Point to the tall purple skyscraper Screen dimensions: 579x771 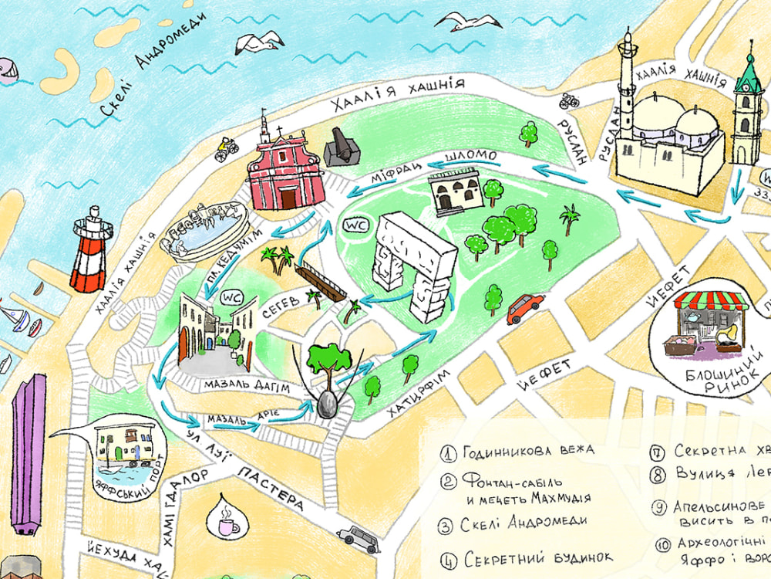click(29, 455)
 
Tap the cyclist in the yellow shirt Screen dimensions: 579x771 click(226, 148)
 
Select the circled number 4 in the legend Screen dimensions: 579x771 click(448, 558)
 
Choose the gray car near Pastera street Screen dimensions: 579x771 click(359, 538)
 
